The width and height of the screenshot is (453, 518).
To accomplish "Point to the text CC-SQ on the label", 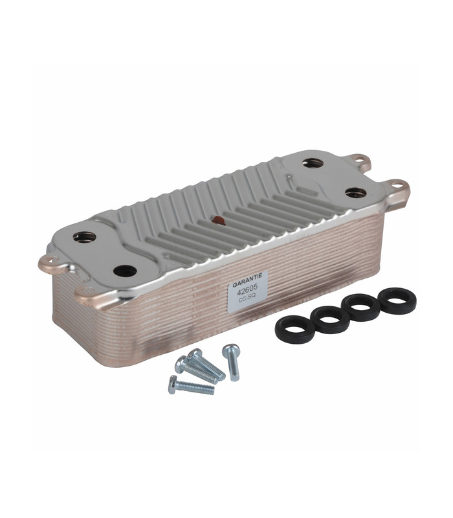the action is point(247,298).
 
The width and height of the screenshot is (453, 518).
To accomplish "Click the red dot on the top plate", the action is point(219,220).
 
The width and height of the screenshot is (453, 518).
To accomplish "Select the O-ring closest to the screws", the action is point(295,329).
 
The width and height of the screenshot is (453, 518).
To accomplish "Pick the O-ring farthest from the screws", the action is point(397,300).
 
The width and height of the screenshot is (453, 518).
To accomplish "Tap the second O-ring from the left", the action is point(330,319).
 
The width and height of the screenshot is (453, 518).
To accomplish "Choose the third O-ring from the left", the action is point(360,307).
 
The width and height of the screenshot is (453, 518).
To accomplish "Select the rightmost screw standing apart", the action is point(232,362).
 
